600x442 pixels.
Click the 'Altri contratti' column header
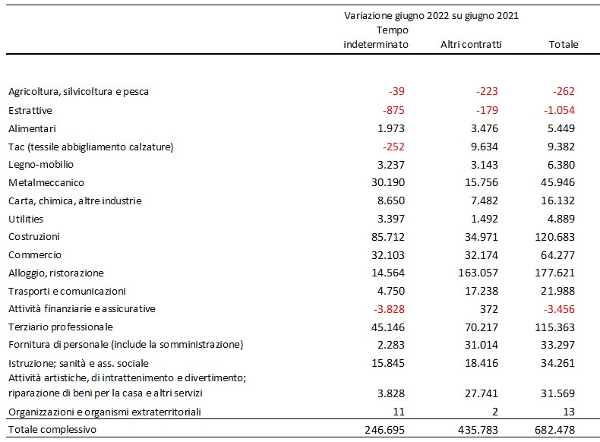(471, 44)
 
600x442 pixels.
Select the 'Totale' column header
(564, 44)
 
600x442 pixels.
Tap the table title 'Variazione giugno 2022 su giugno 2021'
(431, 16)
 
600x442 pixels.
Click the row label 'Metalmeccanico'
(46, 182)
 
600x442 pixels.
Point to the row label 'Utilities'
(26, 219)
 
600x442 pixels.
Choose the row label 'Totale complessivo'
(52, 430)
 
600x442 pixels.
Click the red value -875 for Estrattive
(393, 110)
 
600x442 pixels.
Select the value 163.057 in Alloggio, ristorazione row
(478, 273)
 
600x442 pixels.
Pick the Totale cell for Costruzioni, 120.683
(554, 237)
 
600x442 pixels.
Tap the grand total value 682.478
(554, 430)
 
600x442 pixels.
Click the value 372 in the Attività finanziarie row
(488, 309)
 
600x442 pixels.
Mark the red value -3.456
(559, 309)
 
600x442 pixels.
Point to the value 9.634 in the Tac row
(485, 147)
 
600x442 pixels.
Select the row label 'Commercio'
(35, 255)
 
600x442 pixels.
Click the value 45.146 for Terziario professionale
(387, 327)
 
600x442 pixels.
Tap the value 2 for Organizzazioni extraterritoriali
(494, 412)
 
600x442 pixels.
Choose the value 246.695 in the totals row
(384, 430)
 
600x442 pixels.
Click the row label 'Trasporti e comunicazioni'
(67, 291)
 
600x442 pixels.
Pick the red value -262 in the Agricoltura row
(564, 91)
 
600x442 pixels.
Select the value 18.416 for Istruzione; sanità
(482, 363)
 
